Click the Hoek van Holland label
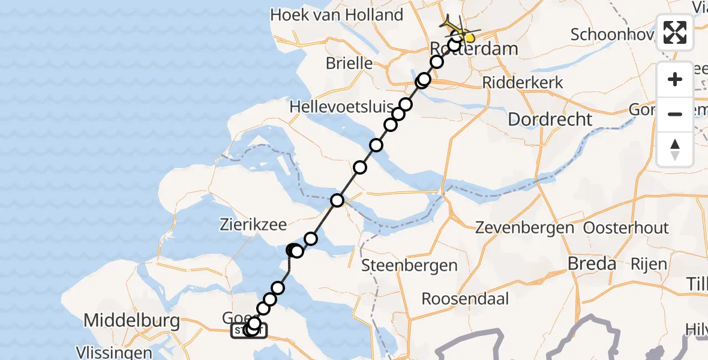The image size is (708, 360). pyautogui.click(x=337, y=15)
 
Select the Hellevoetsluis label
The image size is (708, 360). pyautogui.click(x=341, y=107)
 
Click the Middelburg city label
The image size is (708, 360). pyautogui.click(x=131, y=321)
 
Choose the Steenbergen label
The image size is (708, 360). pyautogui.click(x=410, y=265)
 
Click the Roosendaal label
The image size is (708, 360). pyautogui.click(x=465, y=298)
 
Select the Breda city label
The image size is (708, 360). pyautogui.click(x=592, y=264)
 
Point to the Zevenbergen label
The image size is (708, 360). pyautogui.click(x=525, y=228)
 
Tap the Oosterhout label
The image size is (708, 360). pyautogui.click(x=626, y=228)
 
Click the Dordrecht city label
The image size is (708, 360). pyautogui.click(x=550, y=119)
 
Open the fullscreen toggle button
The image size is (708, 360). pyautogui.click(x=675, y=33)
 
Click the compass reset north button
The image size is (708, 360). pyautogui.click(x=675, y=149)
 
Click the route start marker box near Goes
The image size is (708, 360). pyautogui.click(x=248, y=330)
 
